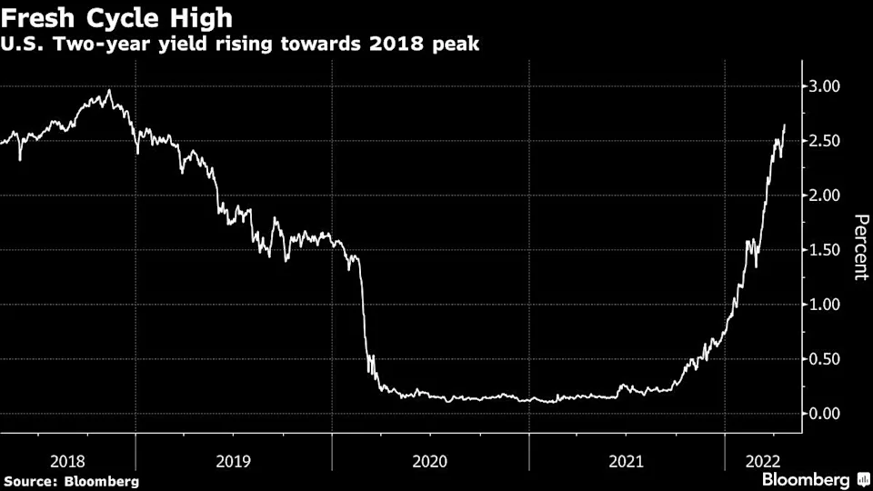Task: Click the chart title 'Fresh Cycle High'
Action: pyautogui.click(x=116, y=16)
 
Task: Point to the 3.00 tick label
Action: pyautogui.click(x=830, y=86)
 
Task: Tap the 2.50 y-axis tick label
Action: pyautogui.click(x=830, y=141)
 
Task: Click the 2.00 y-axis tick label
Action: pyautogui.click(x=830, y=195)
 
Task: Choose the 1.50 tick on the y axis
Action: pyautogui.click(x=830, y=250)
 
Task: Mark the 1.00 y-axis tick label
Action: pyautogui.click(x=830, y=305)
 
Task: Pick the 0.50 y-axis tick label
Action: pyautogui.click(x=830, y=359)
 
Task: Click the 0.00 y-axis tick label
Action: pyautogui.click(x=830, y=414)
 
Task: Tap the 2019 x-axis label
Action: pyautogui.click(x=234, y=461)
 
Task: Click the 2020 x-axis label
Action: pyautogui.click(x=430, y=461)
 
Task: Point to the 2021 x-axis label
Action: pyautogui.click(x=627, y=461)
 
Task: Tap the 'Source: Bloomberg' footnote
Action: pyautogui.click(x=71, y=480)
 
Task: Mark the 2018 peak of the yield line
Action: pyautogui.click(x=110, y=90)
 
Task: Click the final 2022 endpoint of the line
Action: pyautogui.click(x=784, y=125)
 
